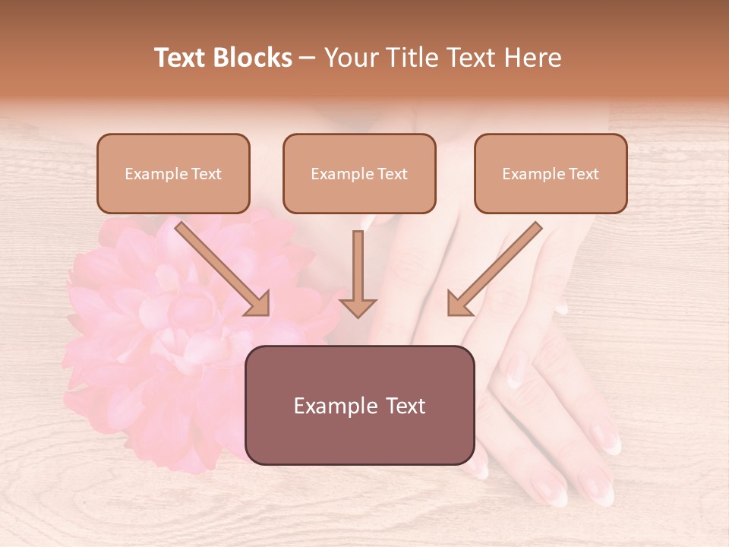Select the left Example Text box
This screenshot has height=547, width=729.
[173, 173]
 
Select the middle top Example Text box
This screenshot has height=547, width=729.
[359, 173]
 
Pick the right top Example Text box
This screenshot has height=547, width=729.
[551, 173]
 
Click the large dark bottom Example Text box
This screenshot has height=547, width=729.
[359, 405]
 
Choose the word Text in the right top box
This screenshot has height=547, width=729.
[583, 174]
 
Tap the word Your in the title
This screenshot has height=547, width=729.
[349, 58]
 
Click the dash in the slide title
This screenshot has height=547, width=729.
[308, 58]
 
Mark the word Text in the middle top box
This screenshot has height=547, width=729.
[392, 174]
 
